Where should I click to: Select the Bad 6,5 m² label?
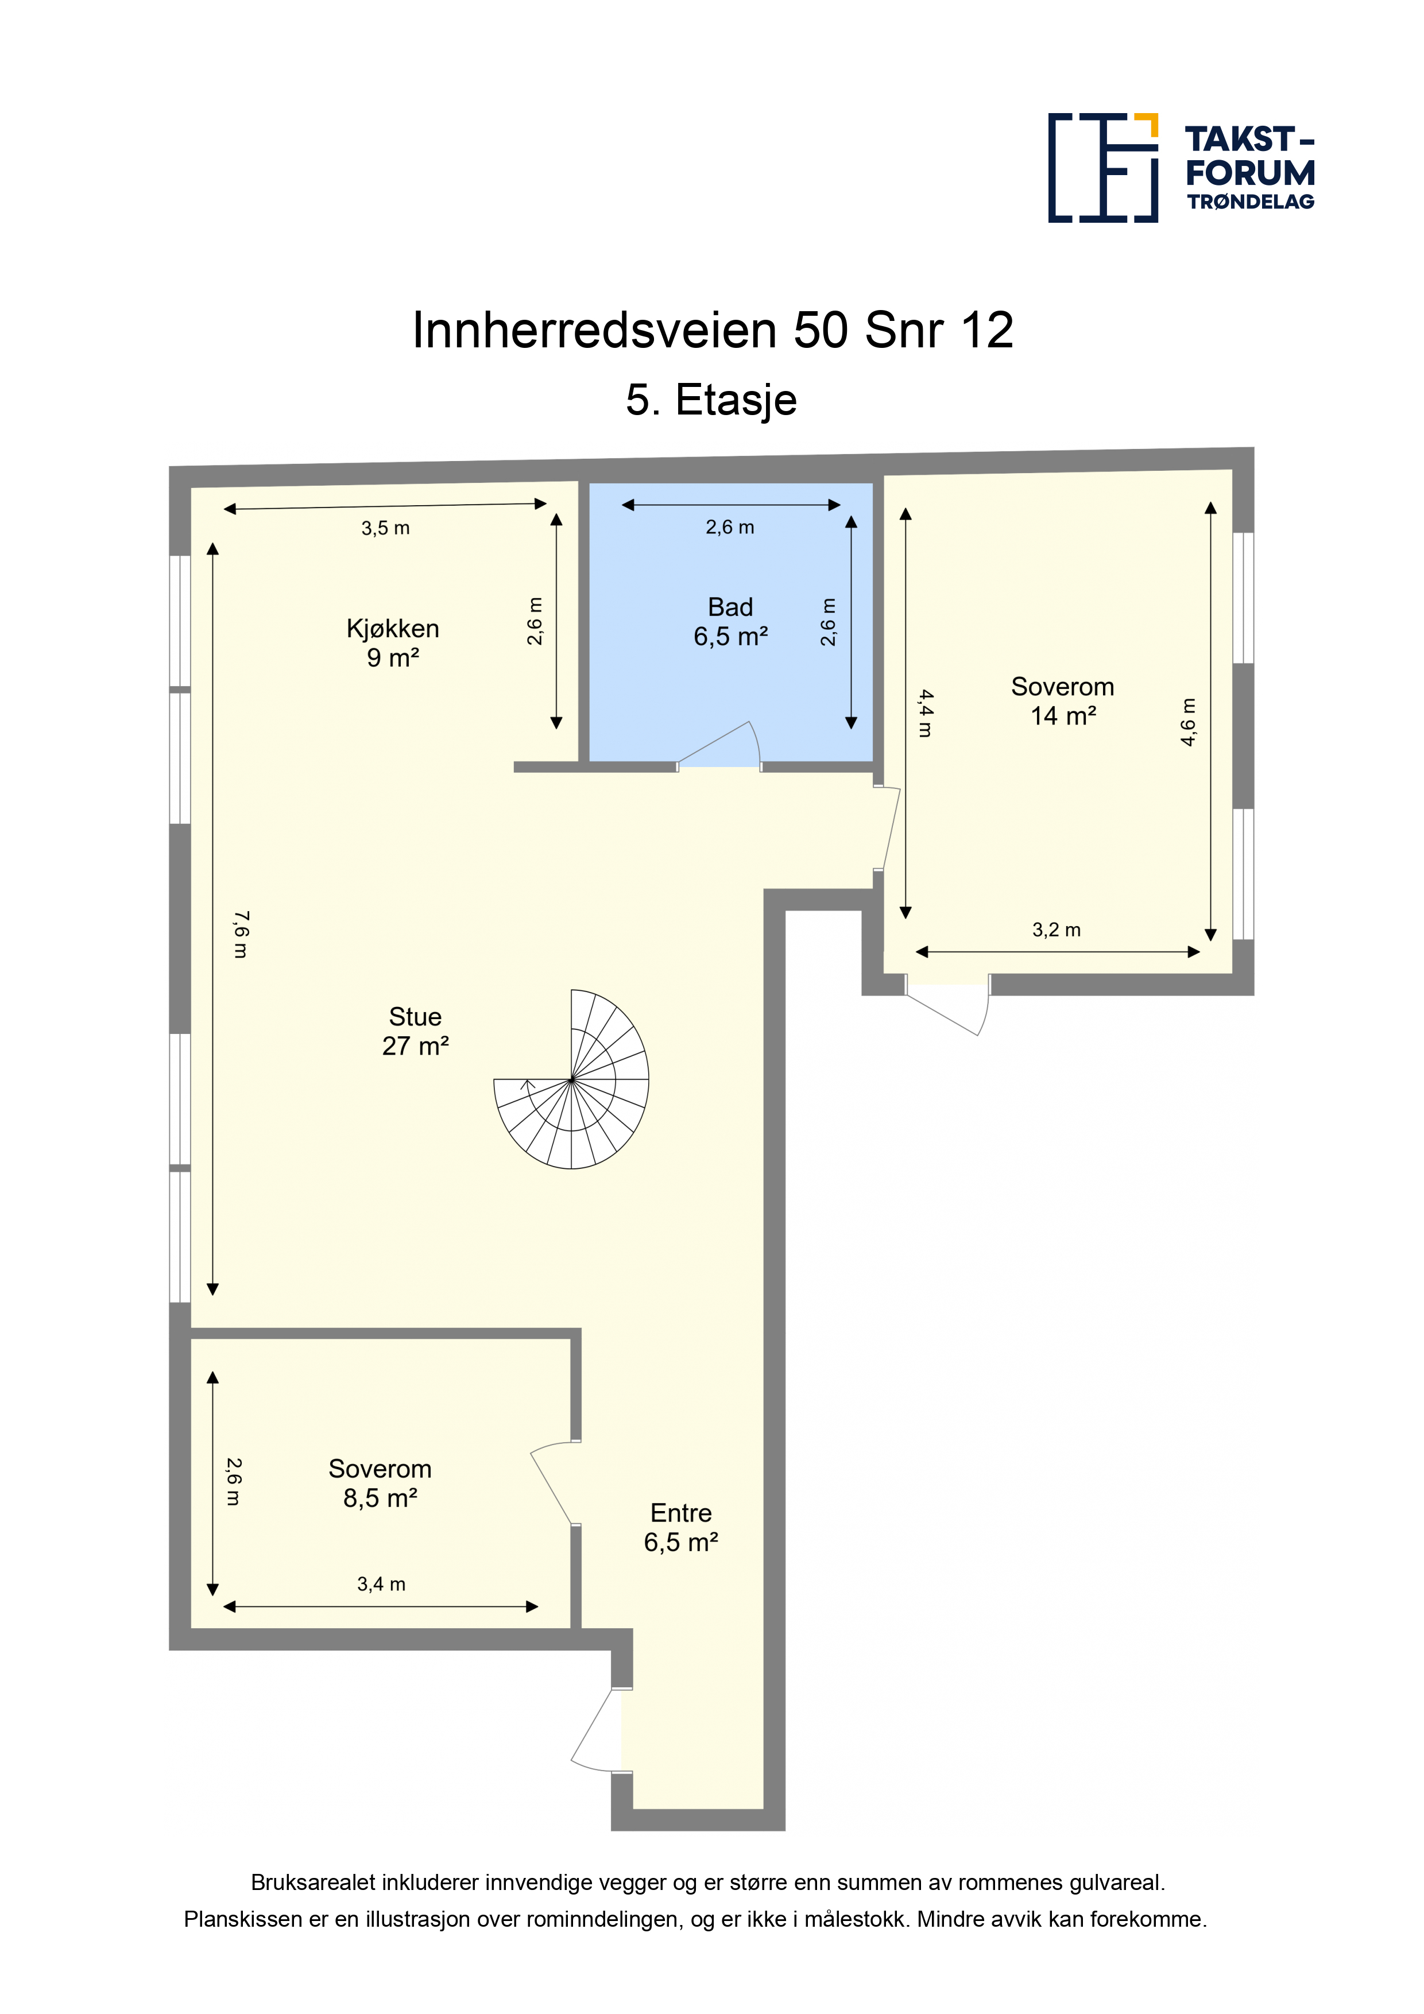(x=731, y=621)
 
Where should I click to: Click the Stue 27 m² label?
(x=415, y=1031)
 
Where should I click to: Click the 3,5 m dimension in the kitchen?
(x=385, y=528)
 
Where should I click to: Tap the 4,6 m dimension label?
(x=1188, y=722)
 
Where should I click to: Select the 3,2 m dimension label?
(x=1057, y=930)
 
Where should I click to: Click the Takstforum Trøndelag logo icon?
(x=1103, y=166)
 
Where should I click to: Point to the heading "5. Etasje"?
(x=711, y=400)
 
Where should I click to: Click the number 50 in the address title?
(x=821, y=331)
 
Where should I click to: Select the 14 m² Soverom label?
(x=1062, y=701)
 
